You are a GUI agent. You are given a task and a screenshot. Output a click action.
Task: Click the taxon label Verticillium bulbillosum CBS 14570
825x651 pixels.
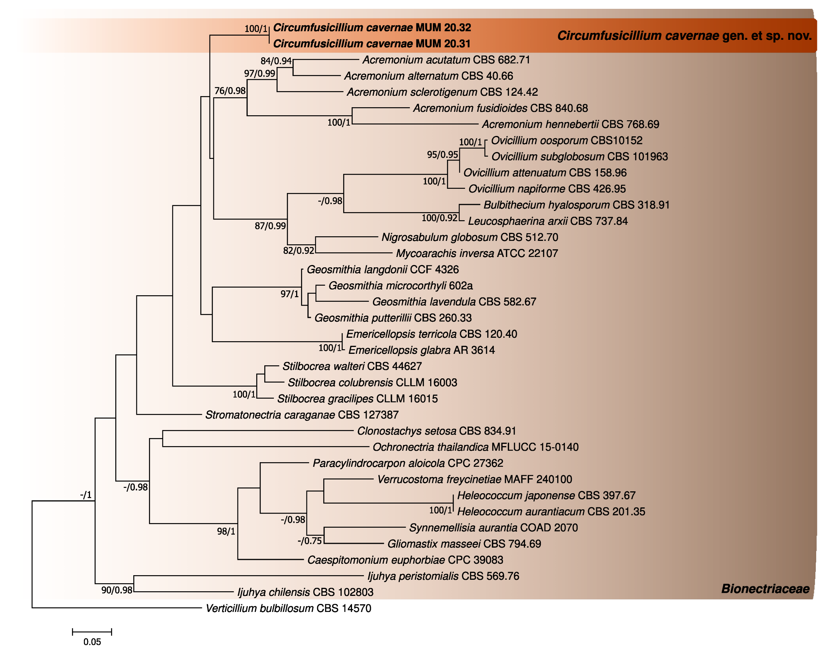pyautogui.click(x=288, y=608)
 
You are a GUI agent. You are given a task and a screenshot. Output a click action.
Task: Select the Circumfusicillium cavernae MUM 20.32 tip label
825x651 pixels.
pyautogui.click(x=372, y=28)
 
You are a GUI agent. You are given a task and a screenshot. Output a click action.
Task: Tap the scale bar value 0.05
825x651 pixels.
pyautogui.click(x=92, y=642)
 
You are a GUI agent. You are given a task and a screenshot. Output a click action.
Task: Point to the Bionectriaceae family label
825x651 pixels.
pyautogui.click(x=765, y=589)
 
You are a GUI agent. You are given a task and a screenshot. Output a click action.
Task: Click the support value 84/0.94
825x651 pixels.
pyautogui.click(x=276, y=61)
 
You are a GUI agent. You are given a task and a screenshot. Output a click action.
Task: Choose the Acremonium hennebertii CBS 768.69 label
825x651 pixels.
pyautogui.click(x=570, y=124)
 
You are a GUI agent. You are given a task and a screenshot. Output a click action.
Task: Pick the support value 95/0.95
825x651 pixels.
pyautogui.click(x=442, y=155)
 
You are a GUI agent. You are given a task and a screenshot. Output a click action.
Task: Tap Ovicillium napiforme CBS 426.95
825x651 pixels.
pyautogui.click(x=547, y=189)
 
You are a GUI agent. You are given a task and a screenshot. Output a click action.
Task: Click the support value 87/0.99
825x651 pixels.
pyautogui.click(x=270, y=226)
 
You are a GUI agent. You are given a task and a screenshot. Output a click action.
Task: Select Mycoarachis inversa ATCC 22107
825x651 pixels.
pyautogui.click(x=477, y=253)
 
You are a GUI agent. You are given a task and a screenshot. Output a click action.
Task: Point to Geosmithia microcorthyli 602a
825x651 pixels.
pyautogui.click(x=401, y=286)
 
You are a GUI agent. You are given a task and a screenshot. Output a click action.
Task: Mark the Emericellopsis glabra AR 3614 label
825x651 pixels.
pyautogui.click(x=421, y=350)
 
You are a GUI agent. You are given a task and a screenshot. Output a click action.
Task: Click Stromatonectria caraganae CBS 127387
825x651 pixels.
pyautogui.click(x=302, y=415)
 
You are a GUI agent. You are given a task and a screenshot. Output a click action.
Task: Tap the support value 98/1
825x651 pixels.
pyautogui.click(x=226, y=531)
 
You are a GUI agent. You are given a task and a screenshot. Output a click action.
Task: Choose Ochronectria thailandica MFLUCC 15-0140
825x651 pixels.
pyautogui.click(x=475, y=447)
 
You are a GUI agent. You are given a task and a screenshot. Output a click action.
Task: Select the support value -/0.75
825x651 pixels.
pyautogui.click(x=309, y=541)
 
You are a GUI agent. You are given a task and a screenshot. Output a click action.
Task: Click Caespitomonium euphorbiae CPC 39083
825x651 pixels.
pyautogui.click(x=405, y=560)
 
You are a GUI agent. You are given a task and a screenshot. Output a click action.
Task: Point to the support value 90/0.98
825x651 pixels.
pyautogui.click(x=116, y=590)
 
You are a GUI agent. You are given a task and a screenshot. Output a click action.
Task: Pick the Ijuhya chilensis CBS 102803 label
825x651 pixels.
pyautogui.click(x=305, y=592)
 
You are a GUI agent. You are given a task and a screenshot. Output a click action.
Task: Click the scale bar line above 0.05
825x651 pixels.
pyautogui.click(x=92, y=632)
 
